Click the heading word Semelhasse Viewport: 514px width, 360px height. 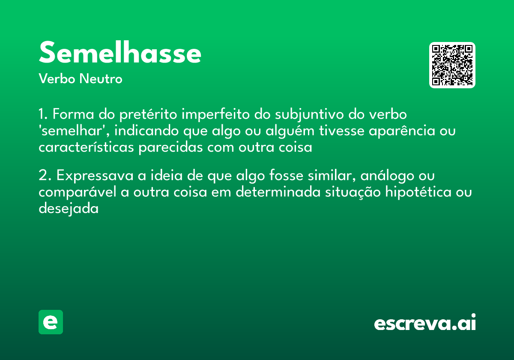coord(120,53)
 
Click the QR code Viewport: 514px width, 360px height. coord(452,65)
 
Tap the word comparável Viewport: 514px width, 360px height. coord(77,192)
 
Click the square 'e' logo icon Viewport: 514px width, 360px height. coord(51,322)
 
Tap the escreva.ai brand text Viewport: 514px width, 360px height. coord(425,323)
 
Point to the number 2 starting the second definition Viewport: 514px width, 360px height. coord(42,176)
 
